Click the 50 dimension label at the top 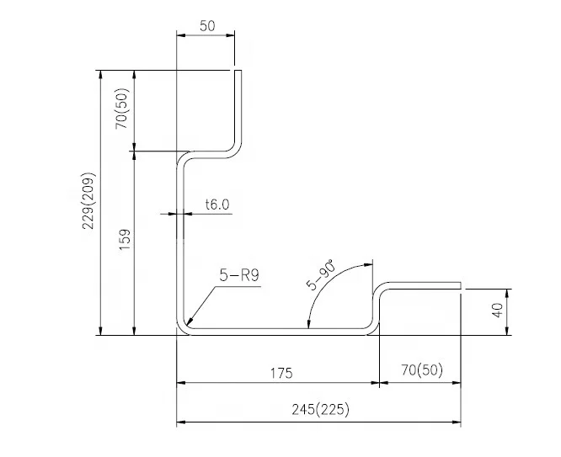pos(207,26)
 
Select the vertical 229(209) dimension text pos(88,200)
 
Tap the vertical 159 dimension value pos(125,240)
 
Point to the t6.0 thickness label pos(217,205)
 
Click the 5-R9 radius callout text pos(239,275)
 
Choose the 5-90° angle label pos(321,274)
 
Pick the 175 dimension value pos(281,374)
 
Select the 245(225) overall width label pos(320,409)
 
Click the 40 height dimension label pos(497,310)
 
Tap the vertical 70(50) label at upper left pos(121,109)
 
